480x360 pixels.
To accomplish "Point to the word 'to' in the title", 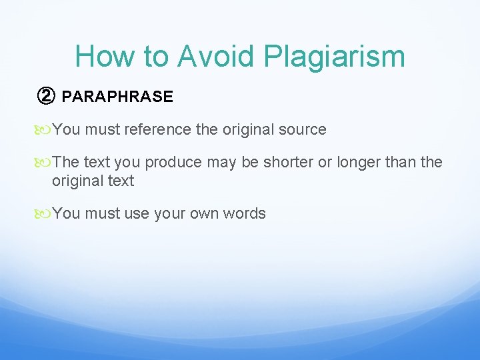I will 156,56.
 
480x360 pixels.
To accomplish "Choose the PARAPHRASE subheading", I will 117,97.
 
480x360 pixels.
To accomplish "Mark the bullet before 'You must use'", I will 44,214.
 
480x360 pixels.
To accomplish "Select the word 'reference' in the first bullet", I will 160,129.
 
